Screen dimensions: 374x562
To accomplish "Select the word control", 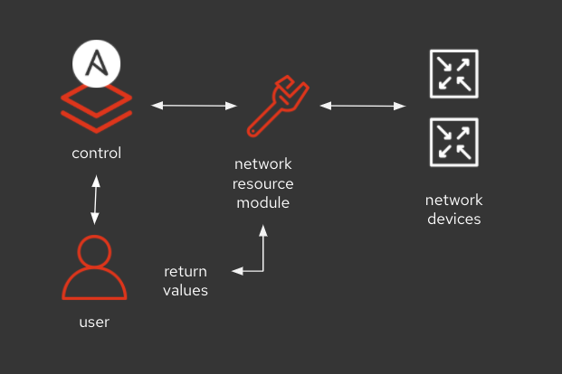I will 96,153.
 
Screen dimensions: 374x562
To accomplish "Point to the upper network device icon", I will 452,74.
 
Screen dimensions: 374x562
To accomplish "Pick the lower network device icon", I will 452,142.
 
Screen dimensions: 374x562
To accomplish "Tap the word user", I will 95,322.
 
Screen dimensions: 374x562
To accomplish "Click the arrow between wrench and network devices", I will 362,107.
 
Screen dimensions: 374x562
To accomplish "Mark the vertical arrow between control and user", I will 95,200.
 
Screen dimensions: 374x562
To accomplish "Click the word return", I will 186,271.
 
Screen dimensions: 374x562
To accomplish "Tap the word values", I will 186,290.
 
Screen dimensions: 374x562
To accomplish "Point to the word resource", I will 263,183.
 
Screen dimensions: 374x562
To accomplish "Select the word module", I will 263,202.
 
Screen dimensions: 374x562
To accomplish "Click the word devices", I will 453,219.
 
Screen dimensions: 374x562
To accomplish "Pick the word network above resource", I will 263,164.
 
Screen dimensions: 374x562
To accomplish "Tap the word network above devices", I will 453,200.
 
